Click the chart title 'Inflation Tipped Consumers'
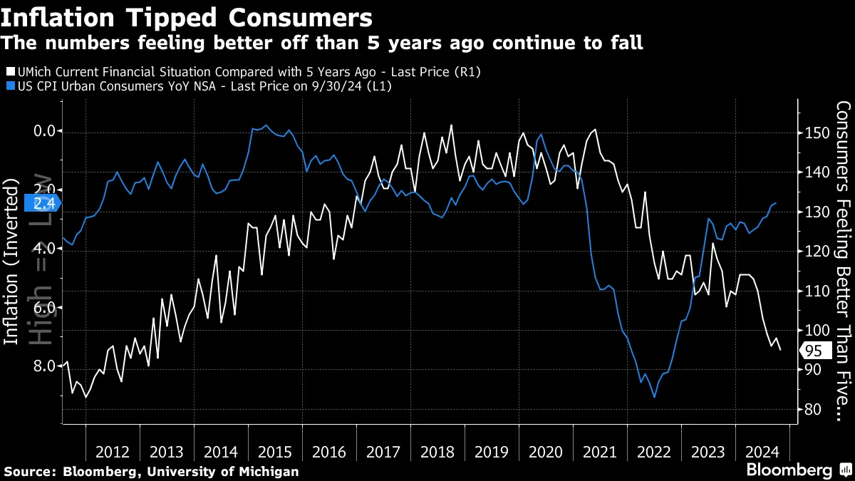click(187, 17)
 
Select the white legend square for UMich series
click(9, 72)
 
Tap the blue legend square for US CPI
click(9, 86)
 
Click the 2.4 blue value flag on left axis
click(41, 203)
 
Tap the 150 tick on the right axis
click(808, 133)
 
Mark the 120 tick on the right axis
click(808, 252)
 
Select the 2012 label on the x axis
click(113, 452)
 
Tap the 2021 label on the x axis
click(600, 452)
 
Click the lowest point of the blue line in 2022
click(654, 398)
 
